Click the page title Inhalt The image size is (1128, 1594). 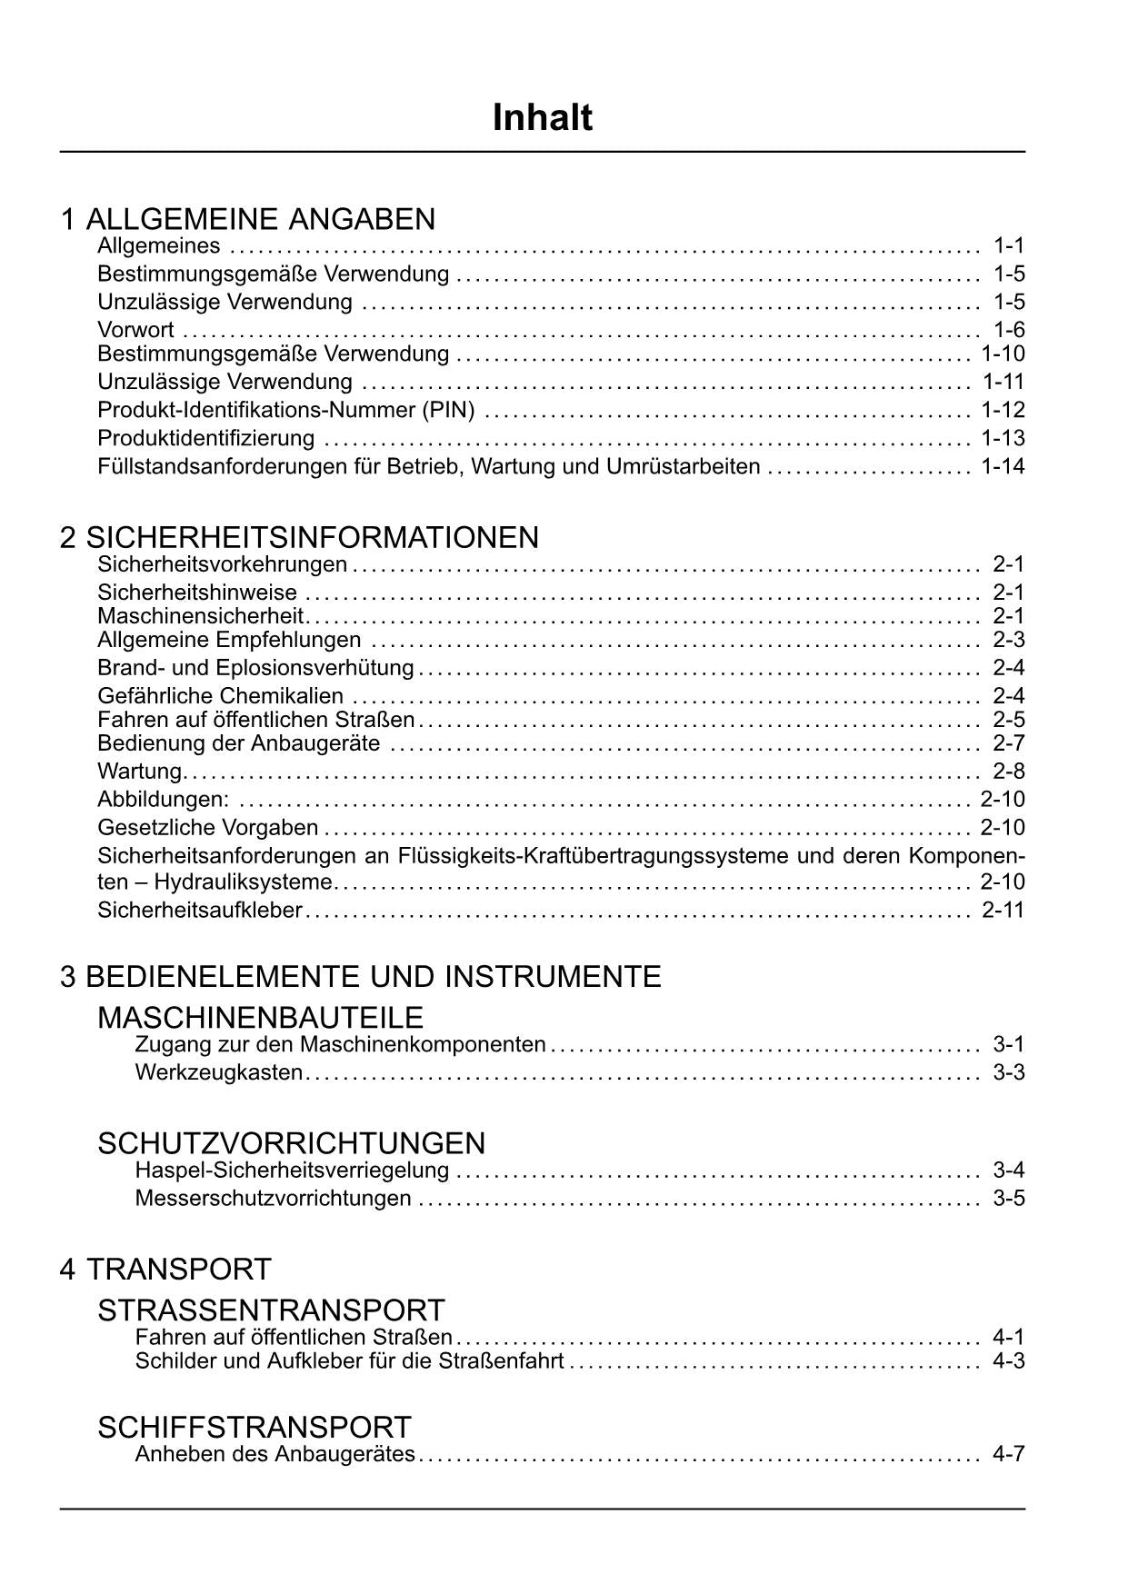[542, 118]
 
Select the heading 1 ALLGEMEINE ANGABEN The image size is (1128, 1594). [247, 219]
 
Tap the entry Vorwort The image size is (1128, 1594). [135, 330]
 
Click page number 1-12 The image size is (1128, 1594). [1003, 410]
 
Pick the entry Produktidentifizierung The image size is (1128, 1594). [206, 438]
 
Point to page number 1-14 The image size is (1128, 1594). [1003, 467]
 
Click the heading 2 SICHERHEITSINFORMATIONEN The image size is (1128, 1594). [299, 537]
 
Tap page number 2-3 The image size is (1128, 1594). [1008, 640]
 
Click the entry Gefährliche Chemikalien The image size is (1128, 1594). [221, 696]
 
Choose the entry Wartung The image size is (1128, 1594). [140, 772]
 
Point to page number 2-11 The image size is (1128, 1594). [1003, 910]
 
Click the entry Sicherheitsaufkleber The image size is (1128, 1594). [200, 910]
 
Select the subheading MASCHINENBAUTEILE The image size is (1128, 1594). [260, 1017]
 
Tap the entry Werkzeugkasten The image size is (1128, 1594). [219, 1072]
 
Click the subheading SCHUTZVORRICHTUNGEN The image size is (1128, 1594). [291, 1142]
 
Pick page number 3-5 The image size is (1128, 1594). [1008, 1198]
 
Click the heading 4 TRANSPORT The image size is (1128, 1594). [165, 1269]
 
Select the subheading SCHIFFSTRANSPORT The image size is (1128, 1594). [254, 1427]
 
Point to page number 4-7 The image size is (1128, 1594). [1008, 1454]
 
